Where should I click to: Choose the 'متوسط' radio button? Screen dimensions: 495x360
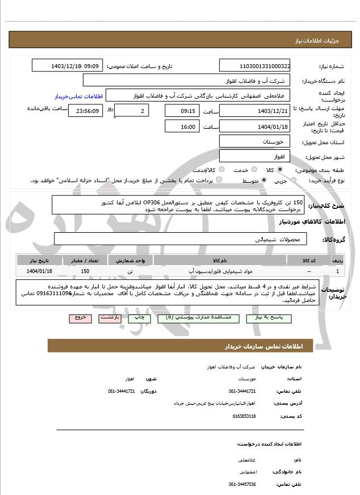pos(263,181)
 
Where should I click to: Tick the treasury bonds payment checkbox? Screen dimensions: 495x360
pos(219,181)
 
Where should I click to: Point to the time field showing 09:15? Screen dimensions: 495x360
pos(182,110)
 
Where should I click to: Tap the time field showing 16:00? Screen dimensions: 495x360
pos(182,126)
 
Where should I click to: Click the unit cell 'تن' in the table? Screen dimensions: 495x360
pos(130,271)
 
